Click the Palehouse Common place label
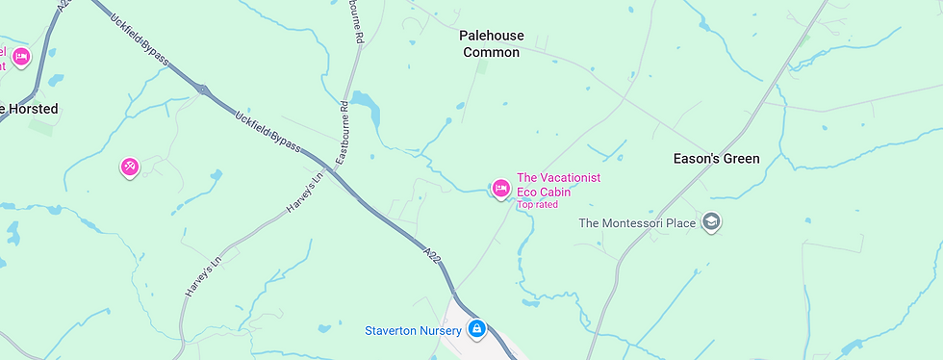(491, 44)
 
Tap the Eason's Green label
(715, 159)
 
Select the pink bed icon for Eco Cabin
(500, 189)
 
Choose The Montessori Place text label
(636, 223)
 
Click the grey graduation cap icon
(711, 222)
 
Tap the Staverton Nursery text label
(412, 331)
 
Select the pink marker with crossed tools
(130, 167)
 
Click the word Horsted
(34, 109)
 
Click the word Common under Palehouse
(491, 53)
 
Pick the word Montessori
(637, 223)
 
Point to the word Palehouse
(491, 36)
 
